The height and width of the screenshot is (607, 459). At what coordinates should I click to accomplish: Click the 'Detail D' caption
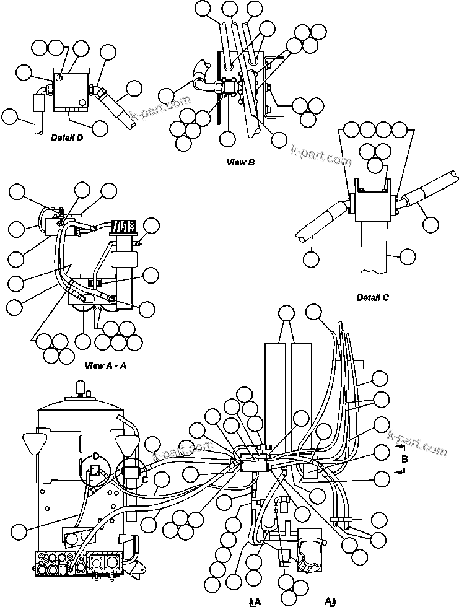pos(67,139)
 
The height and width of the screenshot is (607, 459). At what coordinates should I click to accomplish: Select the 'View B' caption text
pos(241,162)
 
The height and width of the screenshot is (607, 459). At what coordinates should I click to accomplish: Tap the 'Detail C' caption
pos(372,297)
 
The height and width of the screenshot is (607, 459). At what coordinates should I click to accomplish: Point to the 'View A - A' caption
pos(105,365)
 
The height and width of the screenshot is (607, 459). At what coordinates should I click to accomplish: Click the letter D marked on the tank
pos(95,457)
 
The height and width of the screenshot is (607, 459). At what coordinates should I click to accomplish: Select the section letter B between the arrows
pos(404,459)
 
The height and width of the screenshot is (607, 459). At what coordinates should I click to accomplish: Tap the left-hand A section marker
pos(256,600)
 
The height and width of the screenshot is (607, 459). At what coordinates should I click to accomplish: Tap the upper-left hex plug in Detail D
pos(58,77)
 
